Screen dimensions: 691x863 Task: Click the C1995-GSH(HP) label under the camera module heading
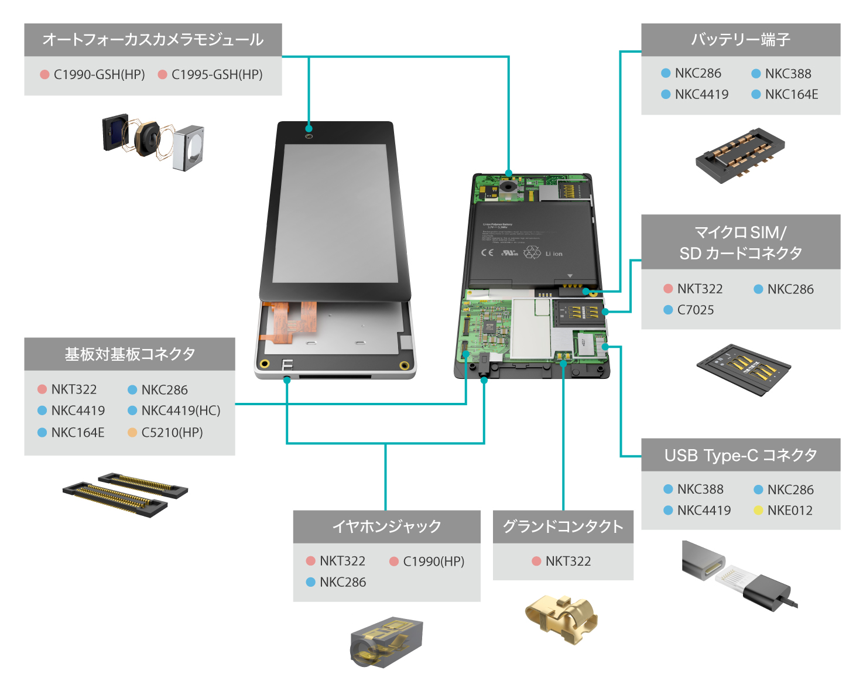coord(217,75)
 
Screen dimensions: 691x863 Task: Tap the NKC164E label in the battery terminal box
coord(791,94)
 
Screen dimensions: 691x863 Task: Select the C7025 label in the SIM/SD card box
coord(695,310)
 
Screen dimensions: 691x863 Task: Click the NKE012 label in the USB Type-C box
coord(790,511)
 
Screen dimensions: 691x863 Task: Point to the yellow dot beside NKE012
coord(758,511)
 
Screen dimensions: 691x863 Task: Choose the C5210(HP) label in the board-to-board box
coord(172,433)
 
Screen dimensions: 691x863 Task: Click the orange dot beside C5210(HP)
coord(132,433)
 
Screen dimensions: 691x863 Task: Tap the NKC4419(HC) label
coord(181,411)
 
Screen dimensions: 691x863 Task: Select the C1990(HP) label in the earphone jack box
coord(433,562)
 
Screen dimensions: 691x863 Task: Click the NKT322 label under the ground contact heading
coord(568,562)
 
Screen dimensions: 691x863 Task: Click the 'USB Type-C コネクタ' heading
coord(741,455)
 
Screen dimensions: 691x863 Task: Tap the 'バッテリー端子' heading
coord(741,40)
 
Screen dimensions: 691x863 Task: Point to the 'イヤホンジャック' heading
coord(386,526)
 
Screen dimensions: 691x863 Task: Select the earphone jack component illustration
coord(386,642)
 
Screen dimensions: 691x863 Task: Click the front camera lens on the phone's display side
coord(309,136)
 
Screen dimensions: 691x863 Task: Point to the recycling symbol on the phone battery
coord(532,252)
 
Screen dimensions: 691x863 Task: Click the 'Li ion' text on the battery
coord(554,254)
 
